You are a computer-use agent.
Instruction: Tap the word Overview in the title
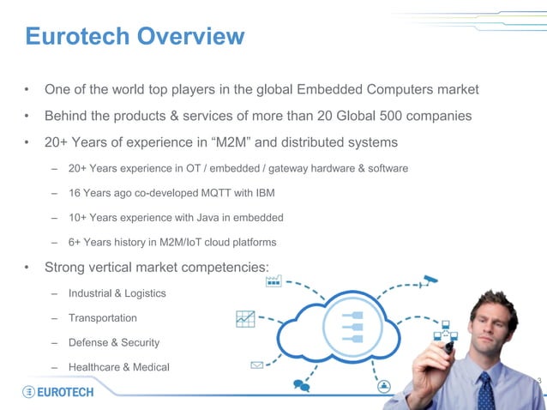(x=192, y=37)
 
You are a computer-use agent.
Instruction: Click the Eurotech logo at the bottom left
(x=58, y=391)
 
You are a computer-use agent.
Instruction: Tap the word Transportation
(x=103, y=318)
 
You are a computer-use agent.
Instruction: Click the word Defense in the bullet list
(x=88, y=342)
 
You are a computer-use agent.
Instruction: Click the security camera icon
(x=430, y=280)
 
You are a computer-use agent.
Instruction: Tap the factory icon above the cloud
(x=273, y=280)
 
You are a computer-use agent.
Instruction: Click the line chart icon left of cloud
(x=245, y=318)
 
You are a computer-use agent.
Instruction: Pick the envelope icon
(x=256, y=365)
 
